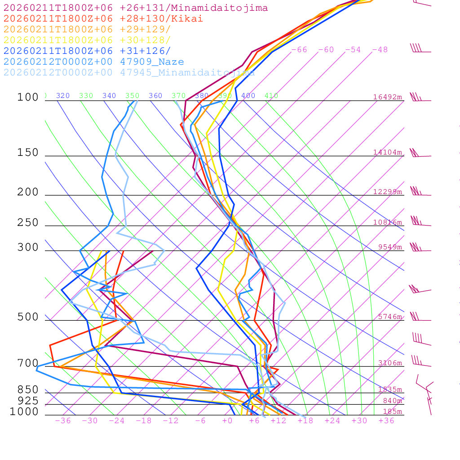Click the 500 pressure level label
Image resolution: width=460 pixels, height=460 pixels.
click(x=28, y=317)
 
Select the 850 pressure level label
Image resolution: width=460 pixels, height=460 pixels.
click(x=28, y=389)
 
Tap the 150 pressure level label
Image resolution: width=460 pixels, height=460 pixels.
click(x=28, y=153)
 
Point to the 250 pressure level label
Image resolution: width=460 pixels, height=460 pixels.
click(x=28, y=223)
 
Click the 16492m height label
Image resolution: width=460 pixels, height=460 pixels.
click(x=388, y=97)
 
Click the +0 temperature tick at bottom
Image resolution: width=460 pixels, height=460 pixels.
click(x=227, y=421)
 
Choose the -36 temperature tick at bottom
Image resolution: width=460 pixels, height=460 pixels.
click(x=63, y=421)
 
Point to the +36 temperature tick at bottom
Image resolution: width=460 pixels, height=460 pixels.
click(x=386, y=421)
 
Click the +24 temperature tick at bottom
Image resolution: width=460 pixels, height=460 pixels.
click(x=332, y=421)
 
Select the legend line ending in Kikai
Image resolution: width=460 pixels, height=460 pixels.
click(x=103, y=19)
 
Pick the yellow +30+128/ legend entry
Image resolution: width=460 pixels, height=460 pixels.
click(x=87, y=40)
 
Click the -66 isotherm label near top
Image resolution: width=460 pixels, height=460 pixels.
click(x=299, y=50)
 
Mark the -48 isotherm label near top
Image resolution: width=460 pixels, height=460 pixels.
click(x=380, y=50)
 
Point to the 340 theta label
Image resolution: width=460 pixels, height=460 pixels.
click(x=109, y=96)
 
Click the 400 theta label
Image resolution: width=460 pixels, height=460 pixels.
click(x=248, y=96)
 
